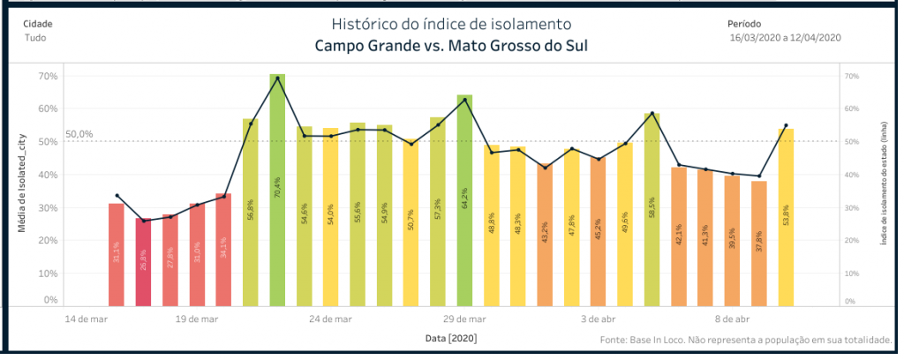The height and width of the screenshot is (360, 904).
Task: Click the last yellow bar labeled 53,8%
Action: click(786, 217)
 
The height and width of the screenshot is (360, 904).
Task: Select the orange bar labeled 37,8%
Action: click(759, 243)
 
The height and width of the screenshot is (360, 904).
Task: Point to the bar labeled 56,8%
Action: click(250, 212)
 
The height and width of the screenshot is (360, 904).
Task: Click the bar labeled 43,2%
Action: click(545, 234)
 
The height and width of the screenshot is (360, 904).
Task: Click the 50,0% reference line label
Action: click(79, 134)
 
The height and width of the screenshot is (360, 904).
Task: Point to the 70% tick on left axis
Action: click(48, 76)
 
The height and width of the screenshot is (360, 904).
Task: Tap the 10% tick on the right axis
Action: click(852, 273)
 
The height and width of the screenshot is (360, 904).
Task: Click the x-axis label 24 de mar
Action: click(332, 319)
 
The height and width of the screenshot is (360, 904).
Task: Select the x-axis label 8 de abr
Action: click(732, 319)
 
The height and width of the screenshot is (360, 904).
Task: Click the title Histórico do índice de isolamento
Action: click(451, 23)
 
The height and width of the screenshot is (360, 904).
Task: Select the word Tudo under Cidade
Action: click(35, 38)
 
